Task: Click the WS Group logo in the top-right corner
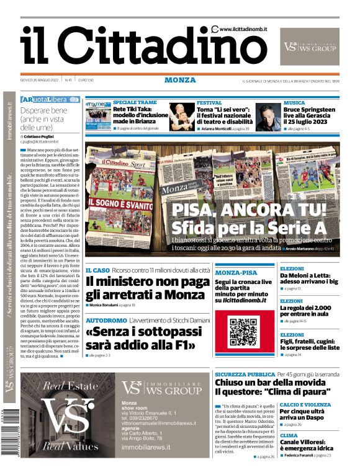(310, 46)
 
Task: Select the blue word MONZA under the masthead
(180, 80)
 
